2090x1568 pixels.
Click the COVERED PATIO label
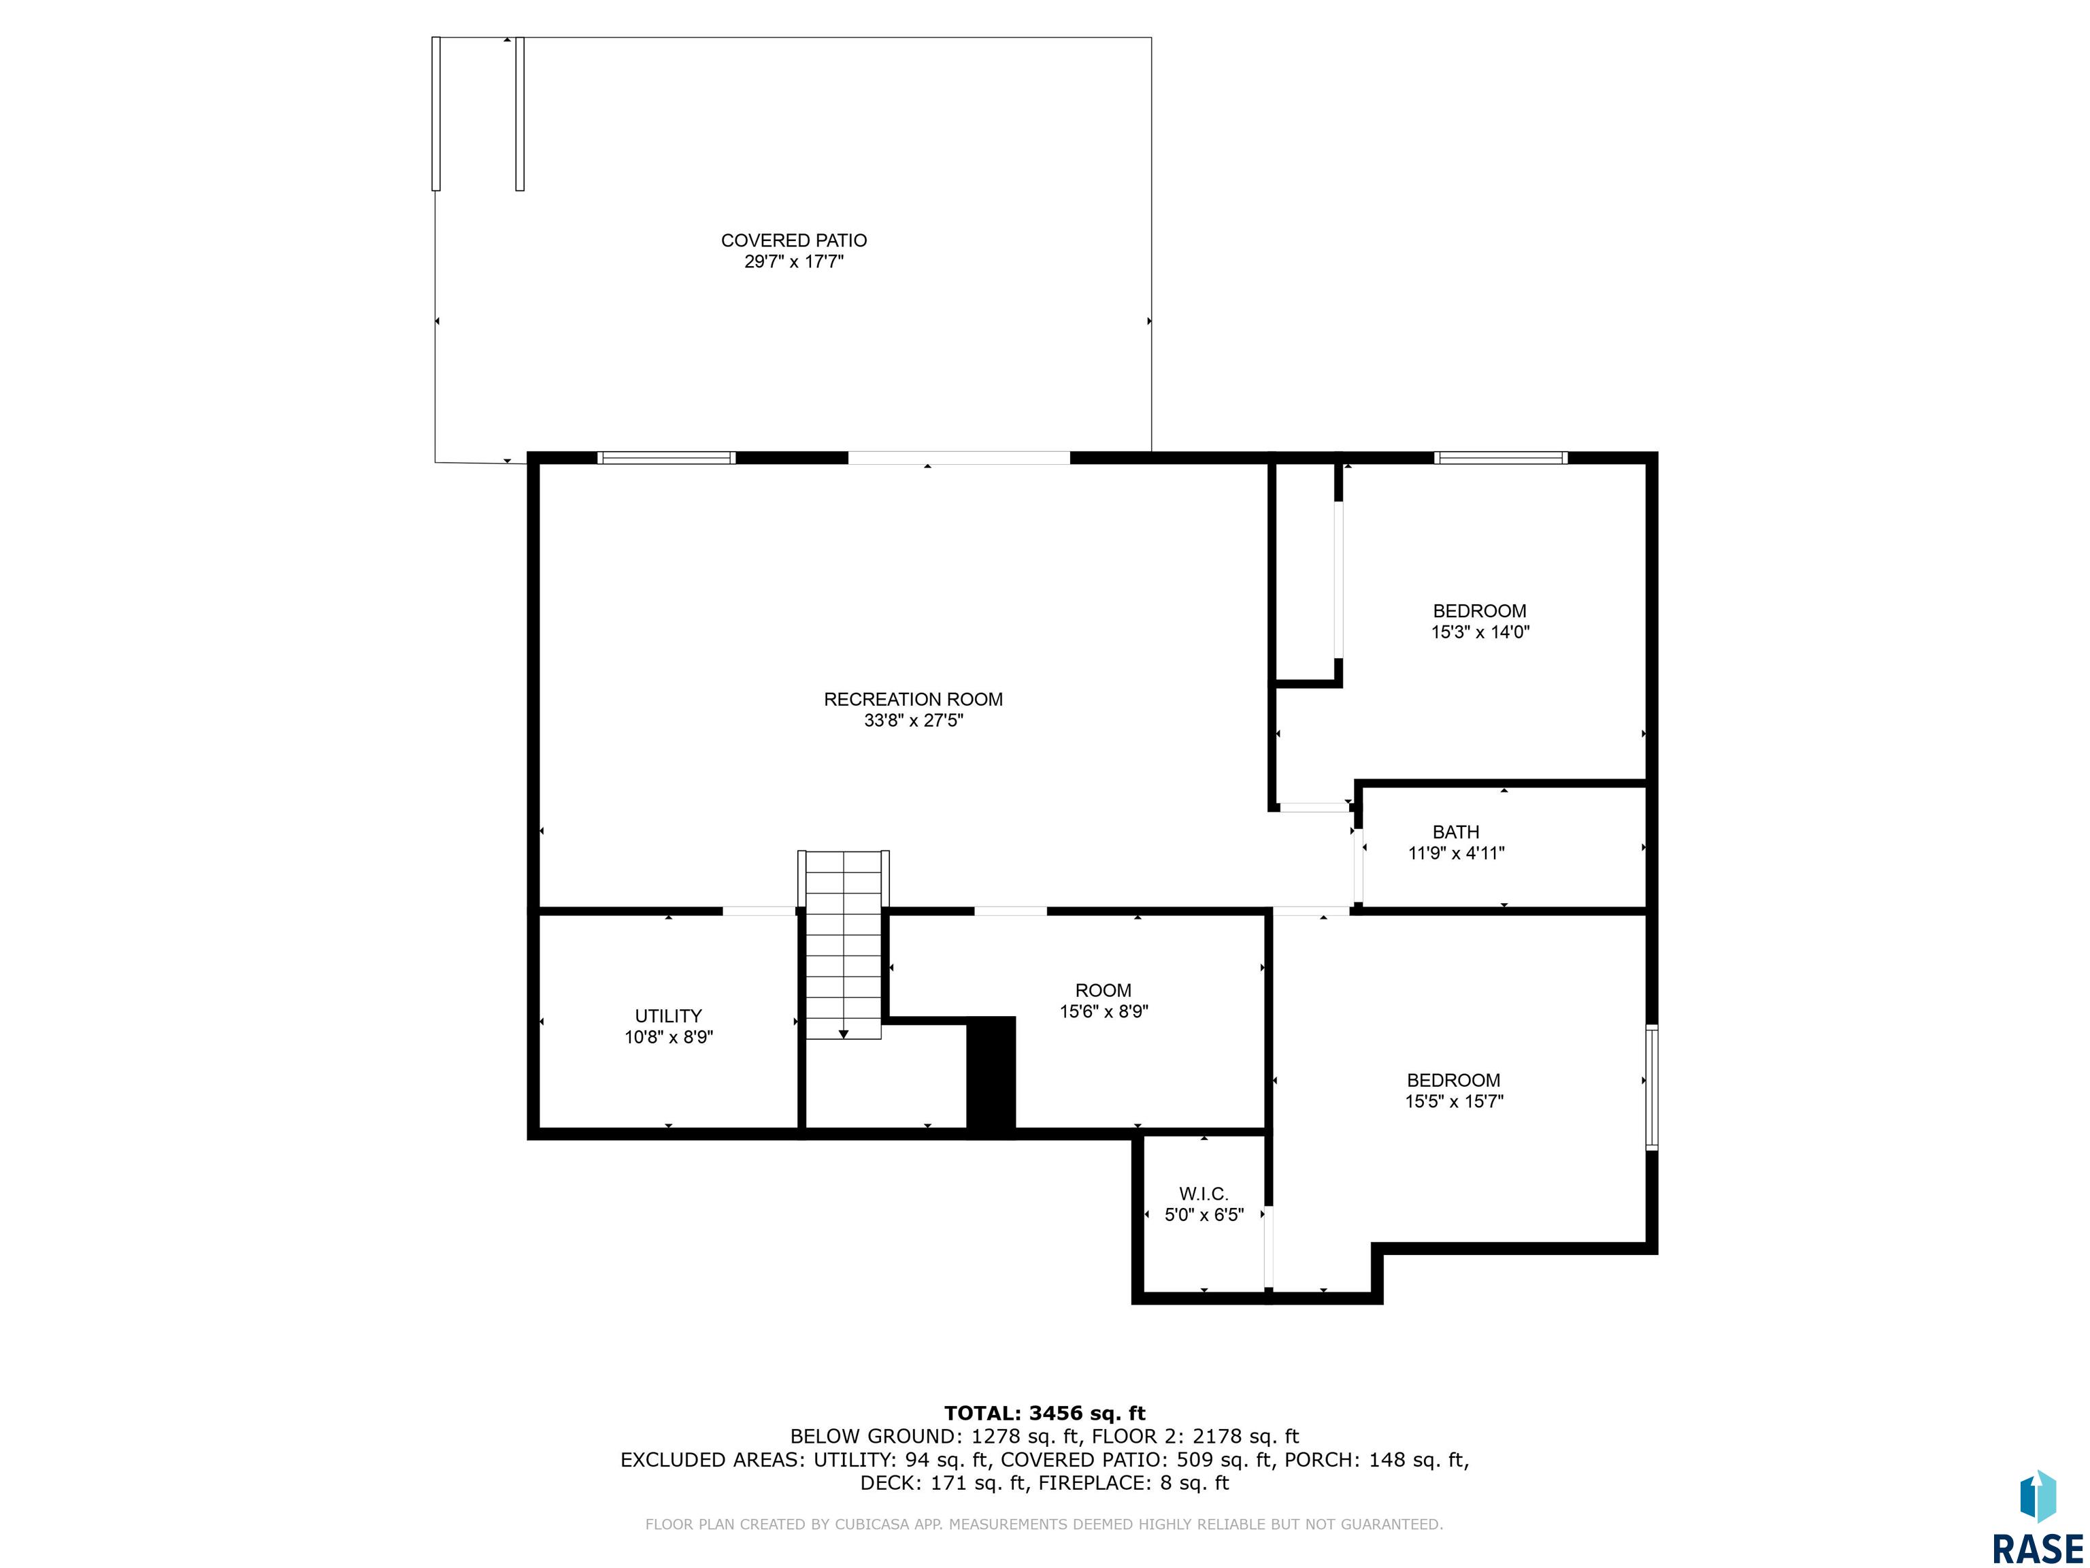coord(794,241)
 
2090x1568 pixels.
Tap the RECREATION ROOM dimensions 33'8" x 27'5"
coord(913,720)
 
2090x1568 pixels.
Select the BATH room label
coord(1455,832)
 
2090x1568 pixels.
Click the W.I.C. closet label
coord(1203,1194)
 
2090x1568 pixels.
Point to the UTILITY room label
coord(668,1016)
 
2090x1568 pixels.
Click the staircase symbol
coord(844,945)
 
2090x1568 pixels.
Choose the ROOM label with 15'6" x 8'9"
coord(1103,990)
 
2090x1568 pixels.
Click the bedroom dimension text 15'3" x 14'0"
coord(1480,632)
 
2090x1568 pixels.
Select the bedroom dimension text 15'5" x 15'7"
coord(1453,1101)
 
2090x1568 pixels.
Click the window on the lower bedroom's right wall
coord(1652,1087)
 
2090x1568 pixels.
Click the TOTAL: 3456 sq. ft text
coord(1044,1413)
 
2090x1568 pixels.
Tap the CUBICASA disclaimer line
coord(1044,1524)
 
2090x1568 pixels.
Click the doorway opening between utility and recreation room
coord(760,911)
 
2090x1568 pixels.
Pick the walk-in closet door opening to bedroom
coord(1268,1247)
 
